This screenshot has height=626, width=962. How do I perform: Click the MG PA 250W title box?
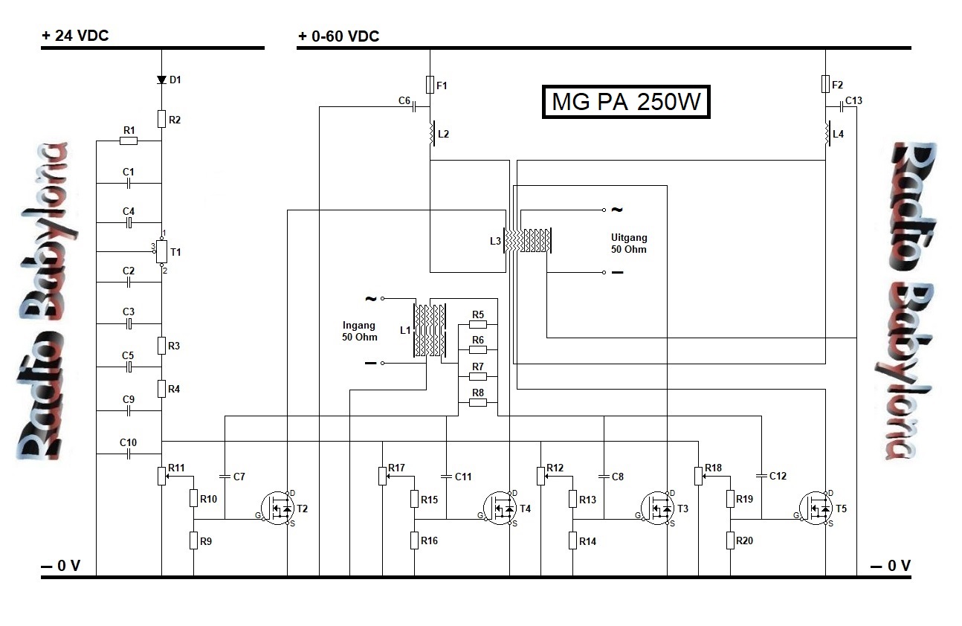[x=626, y=103]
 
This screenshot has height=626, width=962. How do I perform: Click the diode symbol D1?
[x=161, y=80]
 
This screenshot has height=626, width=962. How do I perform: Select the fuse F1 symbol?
[x=430, y=84]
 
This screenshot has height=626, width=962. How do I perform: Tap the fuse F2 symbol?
[x=825, y=84]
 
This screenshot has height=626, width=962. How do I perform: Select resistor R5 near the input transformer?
[x=478, y=324]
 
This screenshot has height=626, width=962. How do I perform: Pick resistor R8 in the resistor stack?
[x=478, y=402]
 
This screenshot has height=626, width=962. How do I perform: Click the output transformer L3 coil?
[x=527, y=240]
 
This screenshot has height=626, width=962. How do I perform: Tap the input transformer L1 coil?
[x=430, y=330]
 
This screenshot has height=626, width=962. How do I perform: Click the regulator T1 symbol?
[x=161, y=253]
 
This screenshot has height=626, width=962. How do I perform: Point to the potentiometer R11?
[x=161, y=474]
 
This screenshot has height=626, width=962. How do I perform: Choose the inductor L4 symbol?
[x=826, y=134]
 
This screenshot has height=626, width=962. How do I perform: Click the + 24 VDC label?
[x=75, y=36]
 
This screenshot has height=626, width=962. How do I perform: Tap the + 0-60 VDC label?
[x=338, y=36]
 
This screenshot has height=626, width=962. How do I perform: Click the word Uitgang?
[x=628, y=238]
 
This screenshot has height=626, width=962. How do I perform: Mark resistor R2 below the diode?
[x=161, y=118]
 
